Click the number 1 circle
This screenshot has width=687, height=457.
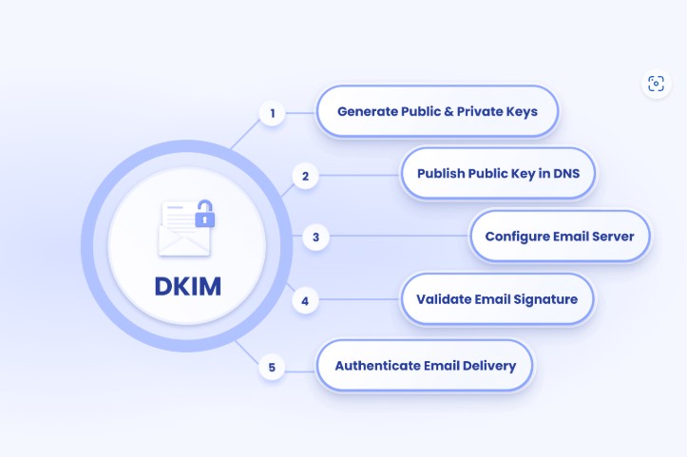(x=273, y=114)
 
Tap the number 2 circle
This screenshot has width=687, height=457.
(x=305, y=176)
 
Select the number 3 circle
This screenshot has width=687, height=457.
(x=315, y=237)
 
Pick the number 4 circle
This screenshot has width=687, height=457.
(x=305, y=301)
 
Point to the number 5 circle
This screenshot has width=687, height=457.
(x=273, y=367)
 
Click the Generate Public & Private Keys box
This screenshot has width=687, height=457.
(x=437, y=111)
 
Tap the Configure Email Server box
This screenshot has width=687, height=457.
(x=560, y=237)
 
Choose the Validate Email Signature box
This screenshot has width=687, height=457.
(x=496, y=299)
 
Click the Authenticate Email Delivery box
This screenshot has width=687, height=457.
(x=425, y=366)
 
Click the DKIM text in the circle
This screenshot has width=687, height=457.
(x=187, y=285)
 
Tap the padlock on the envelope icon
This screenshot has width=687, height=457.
(x=204, y=218)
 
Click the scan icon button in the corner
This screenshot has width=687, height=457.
(x=656, y=84)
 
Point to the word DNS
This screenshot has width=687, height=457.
(x=580, y=173)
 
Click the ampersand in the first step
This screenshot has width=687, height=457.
(x=449, y=111)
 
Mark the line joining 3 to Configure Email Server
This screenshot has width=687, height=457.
(x=399, y=237)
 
